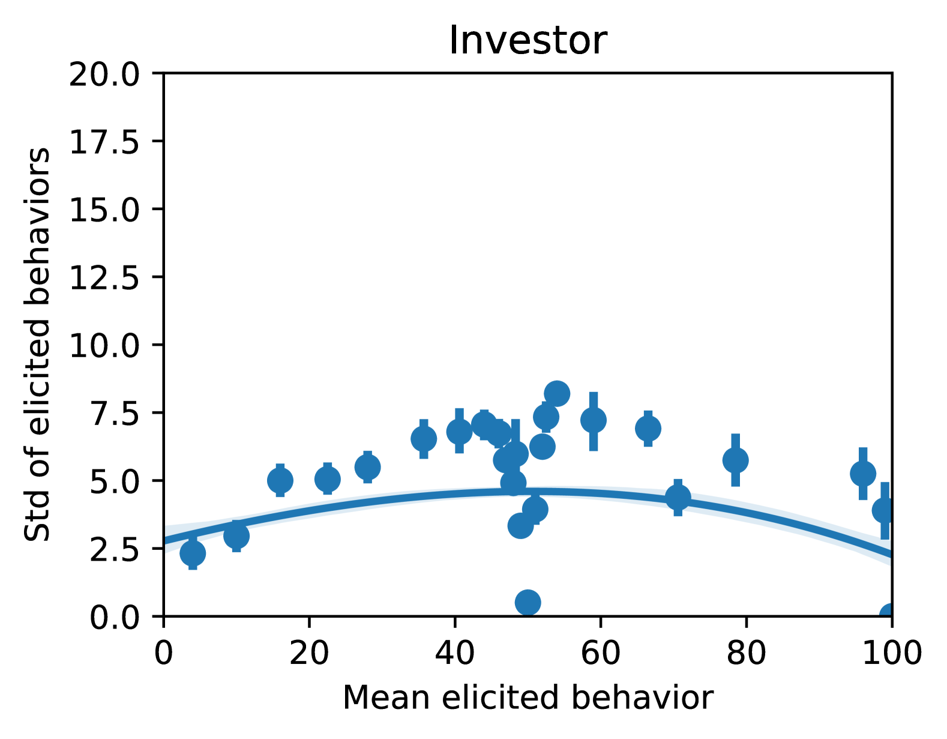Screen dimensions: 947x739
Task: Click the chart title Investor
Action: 528,41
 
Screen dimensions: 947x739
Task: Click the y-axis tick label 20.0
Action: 104,74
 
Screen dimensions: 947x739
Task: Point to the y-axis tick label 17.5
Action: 104,142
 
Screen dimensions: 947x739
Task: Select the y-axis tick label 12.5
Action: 104,277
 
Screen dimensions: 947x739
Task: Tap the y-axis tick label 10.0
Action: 104,346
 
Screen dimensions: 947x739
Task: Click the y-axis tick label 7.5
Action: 114,414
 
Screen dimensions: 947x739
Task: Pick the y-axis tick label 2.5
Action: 114,549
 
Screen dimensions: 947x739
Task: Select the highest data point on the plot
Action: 556,393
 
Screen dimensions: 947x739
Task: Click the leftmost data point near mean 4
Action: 193,553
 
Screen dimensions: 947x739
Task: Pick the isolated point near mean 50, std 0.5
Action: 528,603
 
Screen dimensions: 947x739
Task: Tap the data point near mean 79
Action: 736,460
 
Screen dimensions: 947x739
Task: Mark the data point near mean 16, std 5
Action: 280,481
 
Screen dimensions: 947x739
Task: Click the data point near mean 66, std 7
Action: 648,428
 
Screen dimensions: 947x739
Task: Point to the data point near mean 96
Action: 863,474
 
